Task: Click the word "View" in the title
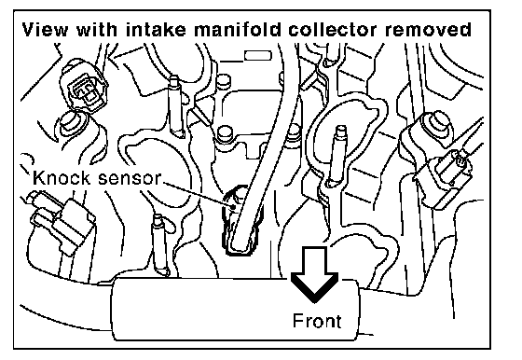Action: (45, 29)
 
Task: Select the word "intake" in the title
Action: (156, 29)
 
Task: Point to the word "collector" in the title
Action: (333, 29)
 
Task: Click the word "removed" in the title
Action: (428, 29)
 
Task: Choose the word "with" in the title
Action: (97, 29)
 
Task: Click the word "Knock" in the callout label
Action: (62, 178)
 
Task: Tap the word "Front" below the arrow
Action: (317, 321)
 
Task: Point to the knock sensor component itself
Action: (241, 221)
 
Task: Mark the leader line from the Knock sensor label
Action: (199, 195)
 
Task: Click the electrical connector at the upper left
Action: (83, 86)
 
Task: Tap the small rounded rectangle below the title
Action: (258, 55)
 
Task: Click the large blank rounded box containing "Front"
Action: (199, 310)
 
